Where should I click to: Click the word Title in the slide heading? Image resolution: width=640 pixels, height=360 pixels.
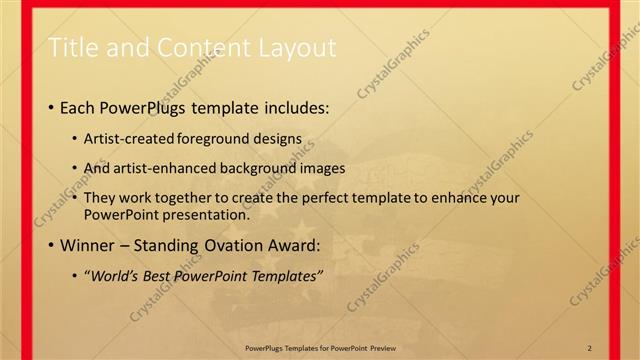(x=72, y=47)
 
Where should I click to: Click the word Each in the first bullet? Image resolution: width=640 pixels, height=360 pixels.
(x=78, y=107)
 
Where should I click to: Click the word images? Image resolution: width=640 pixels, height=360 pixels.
(x=321, y=168)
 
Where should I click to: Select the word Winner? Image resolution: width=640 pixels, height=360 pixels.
(x=88, y=245)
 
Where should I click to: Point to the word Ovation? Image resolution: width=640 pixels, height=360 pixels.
(x=230, y=245)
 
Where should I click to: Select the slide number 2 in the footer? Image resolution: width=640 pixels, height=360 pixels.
(x=590, y=347)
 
